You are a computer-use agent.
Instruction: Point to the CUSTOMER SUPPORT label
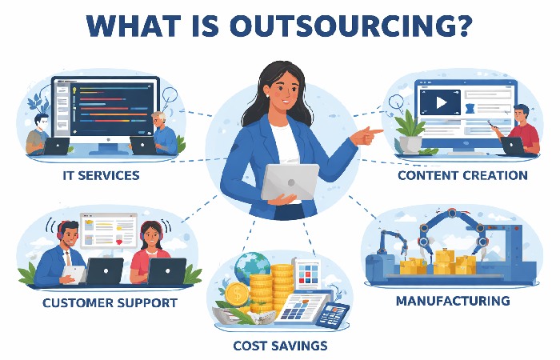pyautogui.click(x=110, y=304)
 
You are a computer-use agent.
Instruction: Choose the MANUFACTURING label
pyautogui.click(x=453, y=302)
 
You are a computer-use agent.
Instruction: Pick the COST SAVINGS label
pyautogui.click(x=280, y=346)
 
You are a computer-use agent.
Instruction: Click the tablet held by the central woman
pyautogui.click(x=290, y=182)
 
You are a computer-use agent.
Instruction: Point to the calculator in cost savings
pyautogui.click(x=330, y=315)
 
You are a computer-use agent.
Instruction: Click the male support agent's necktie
pyautogui.click(x=69, y=257)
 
